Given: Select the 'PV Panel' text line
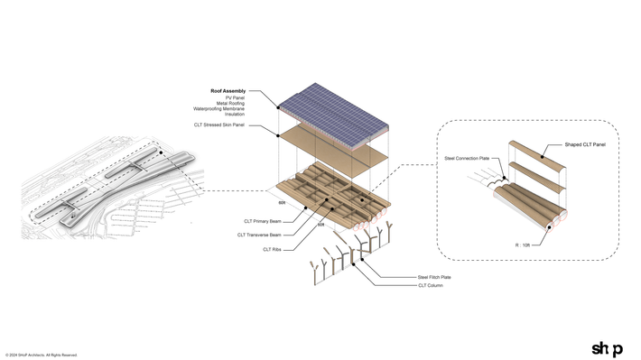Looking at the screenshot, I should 234,97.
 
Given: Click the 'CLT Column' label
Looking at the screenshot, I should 430,285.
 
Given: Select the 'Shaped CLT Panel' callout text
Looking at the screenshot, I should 584,144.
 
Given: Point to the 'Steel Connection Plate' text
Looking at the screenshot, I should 466,158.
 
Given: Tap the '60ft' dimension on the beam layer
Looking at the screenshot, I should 282,204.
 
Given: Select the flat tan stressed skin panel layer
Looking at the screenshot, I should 334,153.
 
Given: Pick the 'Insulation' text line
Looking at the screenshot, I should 234,114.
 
